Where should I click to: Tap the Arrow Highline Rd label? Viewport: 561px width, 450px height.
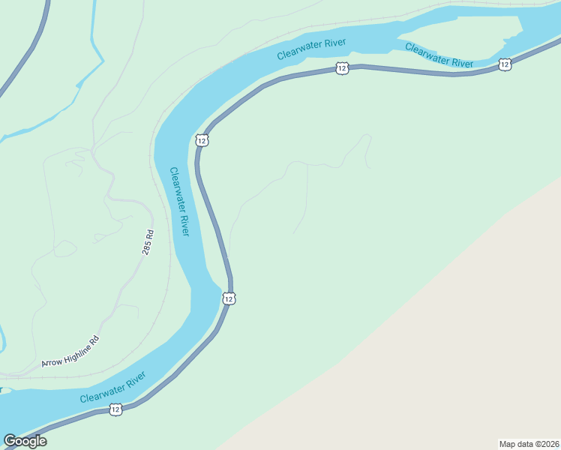click(70, 352)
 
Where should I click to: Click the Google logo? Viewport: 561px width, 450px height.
click(25, 441)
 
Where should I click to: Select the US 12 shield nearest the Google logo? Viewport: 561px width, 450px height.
click(115, 409)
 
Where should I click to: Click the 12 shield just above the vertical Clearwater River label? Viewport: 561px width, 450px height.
click(202, 140)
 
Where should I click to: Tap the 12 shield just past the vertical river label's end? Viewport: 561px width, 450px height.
click(229, 298)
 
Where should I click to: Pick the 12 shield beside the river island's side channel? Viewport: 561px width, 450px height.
click(504, 65)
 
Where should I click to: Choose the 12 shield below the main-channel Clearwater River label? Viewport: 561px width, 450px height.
click(342, 68)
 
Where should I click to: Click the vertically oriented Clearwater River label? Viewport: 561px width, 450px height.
click(180, 201)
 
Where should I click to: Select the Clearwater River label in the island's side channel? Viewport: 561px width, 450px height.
click(439, 55)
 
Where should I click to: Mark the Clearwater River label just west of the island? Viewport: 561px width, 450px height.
click(310, 47)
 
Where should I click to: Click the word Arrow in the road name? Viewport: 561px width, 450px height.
click(52, 361)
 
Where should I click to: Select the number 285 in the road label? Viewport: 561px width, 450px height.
click(147, 248)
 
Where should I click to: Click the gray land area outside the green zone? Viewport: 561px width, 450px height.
click(450, 360)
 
